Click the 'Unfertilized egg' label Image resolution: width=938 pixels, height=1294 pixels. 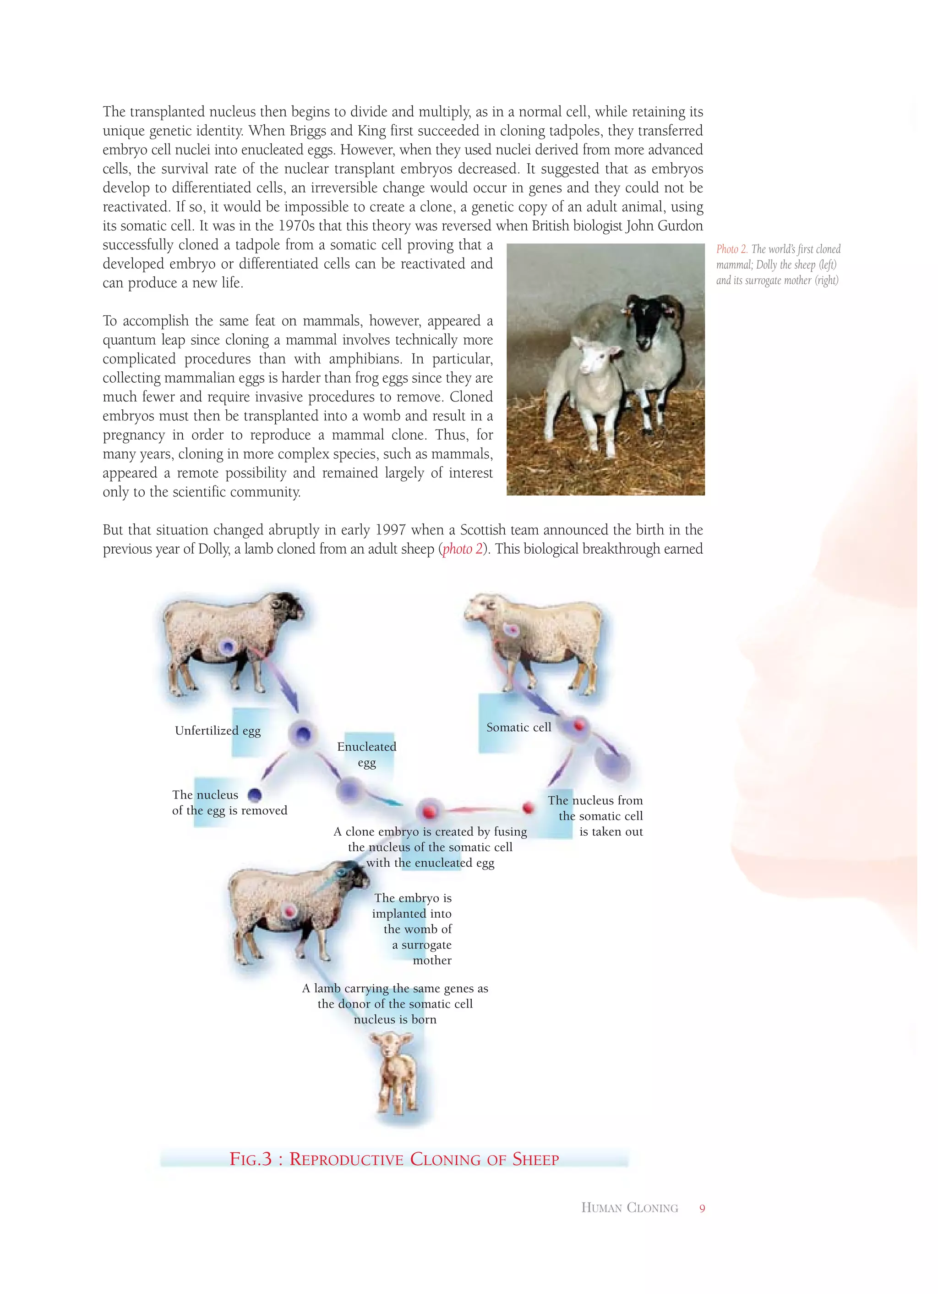tap(217, 730)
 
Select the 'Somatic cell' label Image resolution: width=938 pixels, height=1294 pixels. tap(518, 727)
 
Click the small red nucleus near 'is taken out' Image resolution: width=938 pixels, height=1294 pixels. tap(528, 807)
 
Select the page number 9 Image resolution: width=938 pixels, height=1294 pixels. tap(702, 1208)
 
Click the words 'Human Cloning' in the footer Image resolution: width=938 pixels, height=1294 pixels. tap(629, 1208)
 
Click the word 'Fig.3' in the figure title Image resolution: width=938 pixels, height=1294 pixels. tap(251, 1159)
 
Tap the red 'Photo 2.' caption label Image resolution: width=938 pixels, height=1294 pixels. tap(731, 249)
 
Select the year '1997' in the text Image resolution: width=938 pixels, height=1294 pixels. tap(390, 530)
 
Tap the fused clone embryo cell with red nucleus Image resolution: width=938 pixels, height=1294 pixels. tap(429, 810)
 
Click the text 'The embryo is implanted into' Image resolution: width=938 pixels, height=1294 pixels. tap(412, 905)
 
